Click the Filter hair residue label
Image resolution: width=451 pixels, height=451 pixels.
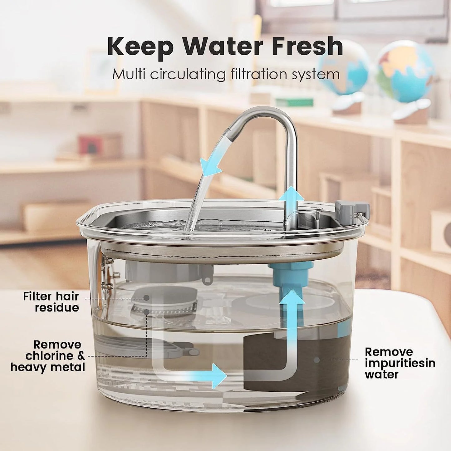click(51, 302)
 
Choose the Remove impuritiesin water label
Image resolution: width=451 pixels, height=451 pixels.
click(400, 363)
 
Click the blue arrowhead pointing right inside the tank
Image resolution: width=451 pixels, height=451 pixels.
click(218, 376)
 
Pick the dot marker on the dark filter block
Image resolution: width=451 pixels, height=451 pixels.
click(316, 360)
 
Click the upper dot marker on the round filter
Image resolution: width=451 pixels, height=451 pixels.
click(146, 298)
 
